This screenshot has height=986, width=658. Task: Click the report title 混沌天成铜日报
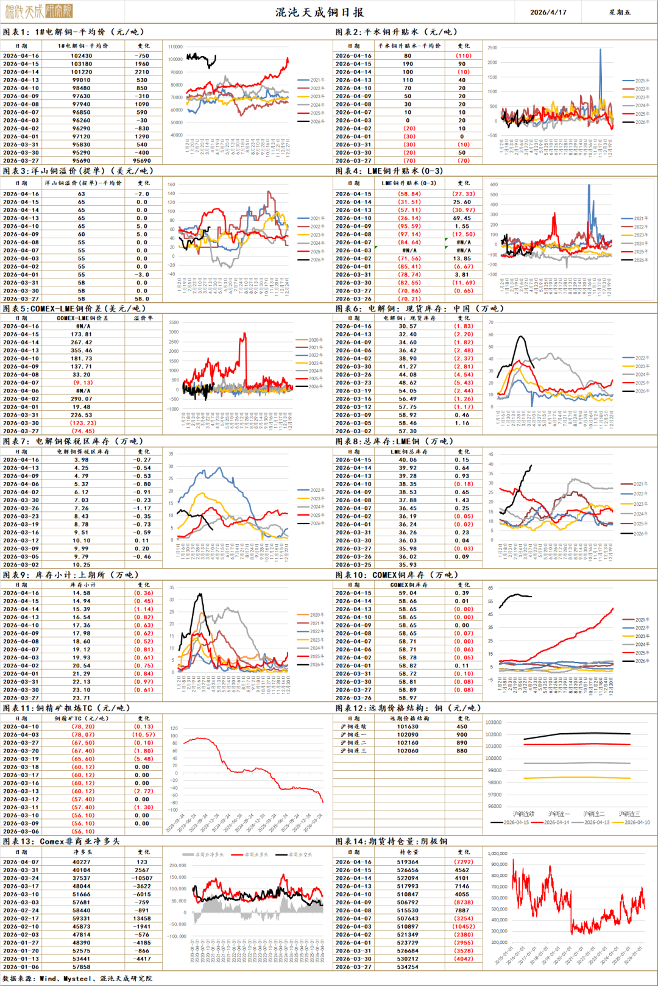pyautogui.click(x=319, y=12)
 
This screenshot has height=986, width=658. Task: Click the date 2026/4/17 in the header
pyautogui.click(x=548, y=12)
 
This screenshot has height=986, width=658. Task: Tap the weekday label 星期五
pyautogui.click(x=620, y=12)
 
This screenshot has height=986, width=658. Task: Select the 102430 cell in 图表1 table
pyautogui.click(x=82, y=55)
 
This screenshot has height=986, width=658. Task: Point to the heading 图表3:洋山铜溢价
pyautogui.click(x=78, y=171)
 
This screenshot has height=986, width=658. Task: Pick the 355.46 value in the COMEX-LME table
pyautogui.click(x=82, y=350)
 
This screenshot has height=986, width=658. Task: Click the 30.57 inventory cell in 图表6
pyautogui.click(x=408, y=326)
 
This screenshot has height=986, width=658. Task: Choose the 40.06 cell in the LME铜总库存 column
pyautogui.click(x=408, y=460)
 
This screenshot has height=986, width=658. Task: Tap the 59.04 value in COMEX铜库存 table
pyautogui.click(x=408, y=593)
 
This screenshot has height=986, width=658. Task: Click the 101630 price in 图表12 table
pyautogui.click(x=408, y=726)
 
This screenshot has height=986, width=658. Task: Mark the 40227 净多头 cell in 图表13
pyautogui.click(x=82, y=862)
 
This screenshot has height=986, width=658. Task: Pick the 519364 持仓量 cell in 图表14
pyautogui.click(x=408, y=862)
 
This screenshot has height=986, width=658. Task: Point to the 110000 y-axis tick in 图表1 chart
pyautogui.click(x=175, y=47)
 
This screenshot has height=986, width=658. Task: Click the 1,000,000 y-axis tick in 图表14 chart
pyautogui.click(x=498, y=854)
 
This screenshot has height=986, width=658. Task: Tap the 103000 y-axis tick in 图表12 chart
pyautogui.click(x=493, y=722)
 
